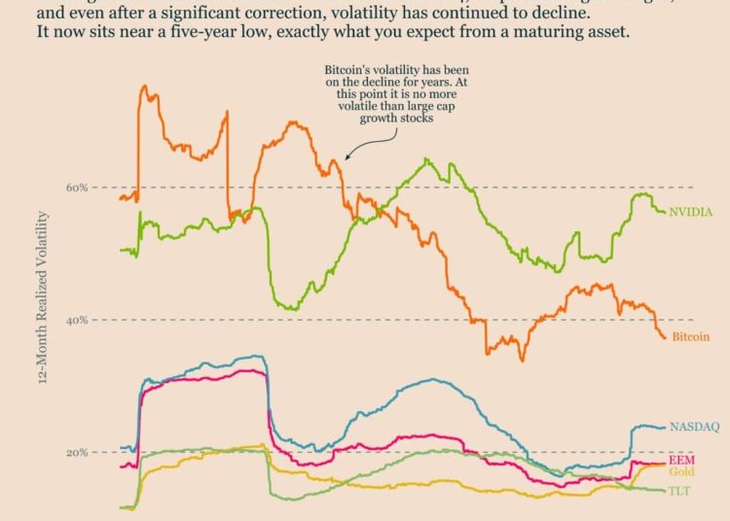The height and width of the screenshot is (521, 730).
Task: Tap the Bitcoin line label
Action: [x=689, y=337]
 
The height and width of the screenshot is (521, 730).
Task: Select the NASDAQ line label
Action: [x=693, y=427]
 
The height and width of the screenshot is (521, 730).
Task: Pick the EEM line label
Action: [x=681, y=459]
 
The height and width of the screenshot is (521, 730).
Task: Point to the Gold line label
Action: [x=682, y=471]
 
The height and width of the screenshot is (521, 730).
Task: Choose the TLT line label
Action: [x=680, y=491]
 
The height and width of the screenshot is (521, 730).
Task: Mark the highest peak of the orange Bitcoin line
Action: [x=144, y=87]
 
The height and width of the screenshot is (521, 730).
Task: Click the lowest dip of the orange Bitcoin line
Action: [x=523, y=361]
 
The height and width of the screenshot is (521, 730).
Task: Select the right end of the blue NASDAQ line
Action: [x=666, y=427]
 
